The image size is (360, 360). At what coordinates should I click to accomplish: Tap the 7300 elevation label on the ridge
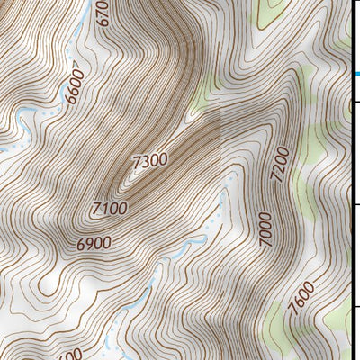pyautogui.click(x=149, y=163)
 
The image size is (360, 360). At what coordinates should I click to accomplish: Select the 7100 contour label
pyautogui.click(x=110, y=209)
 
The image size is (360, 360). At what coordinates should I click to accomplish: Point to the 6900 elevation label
pyautogui.click(x=94, y=243)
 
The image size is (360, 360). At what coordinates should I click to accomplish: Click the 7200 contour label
pyautogui.click(x=278, y=165)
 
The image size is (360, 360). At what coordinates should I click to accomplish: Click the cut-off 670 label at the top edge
pyautogui.click(x=104, y=13)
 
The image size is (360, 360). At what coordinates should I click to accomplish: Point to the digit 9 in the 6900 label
pyautogui.click(x=89, y=243)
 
